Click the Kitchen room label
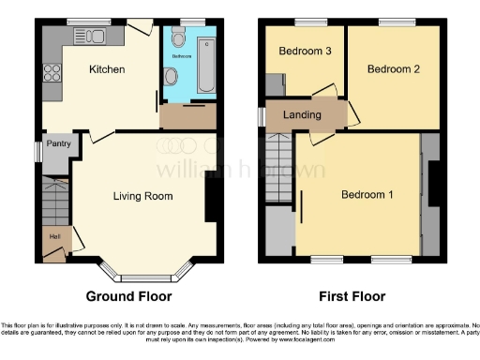[x=108, y=69]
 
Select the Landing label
[x=302, y=114]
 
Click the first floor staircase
[x=279, y=167]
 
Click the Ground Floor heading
[x=128, y=297]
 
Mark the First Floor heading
[x=352, y=297]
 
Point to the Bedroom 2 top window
[x=392, y=22]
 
